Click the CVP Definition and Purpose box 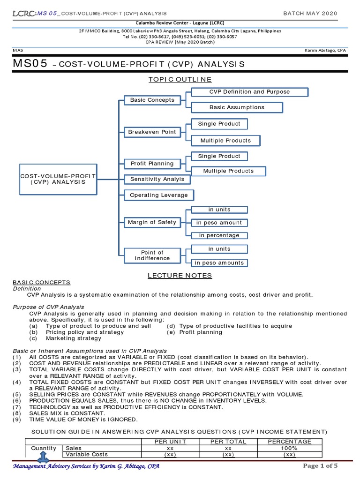pos(249,92)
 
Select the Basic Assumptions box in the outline pos(237,107)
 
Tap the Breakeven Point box pos(152,132)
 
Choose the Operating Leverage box pos(158,195)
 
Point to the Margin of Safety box pos(152,222)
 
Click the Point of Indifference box pos(152,255)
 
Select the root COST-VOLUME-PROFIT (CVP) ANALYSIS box pos(58,179)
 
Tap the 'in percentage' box pos(219,235)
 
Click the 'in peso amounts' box pos(219,262)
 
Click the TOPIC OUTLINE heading pos(180,79)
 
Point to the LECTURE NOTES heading pos(180,276)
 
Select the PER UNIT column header pos(171,442)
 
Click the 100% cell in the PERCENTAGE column pos(289,448)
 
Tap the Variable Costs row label pos(87,454)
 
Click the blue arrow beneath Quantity pos(43,457)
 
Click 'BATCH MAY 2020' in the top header pos(310,13)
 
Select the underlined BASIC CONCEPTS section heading pos(41,282)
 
